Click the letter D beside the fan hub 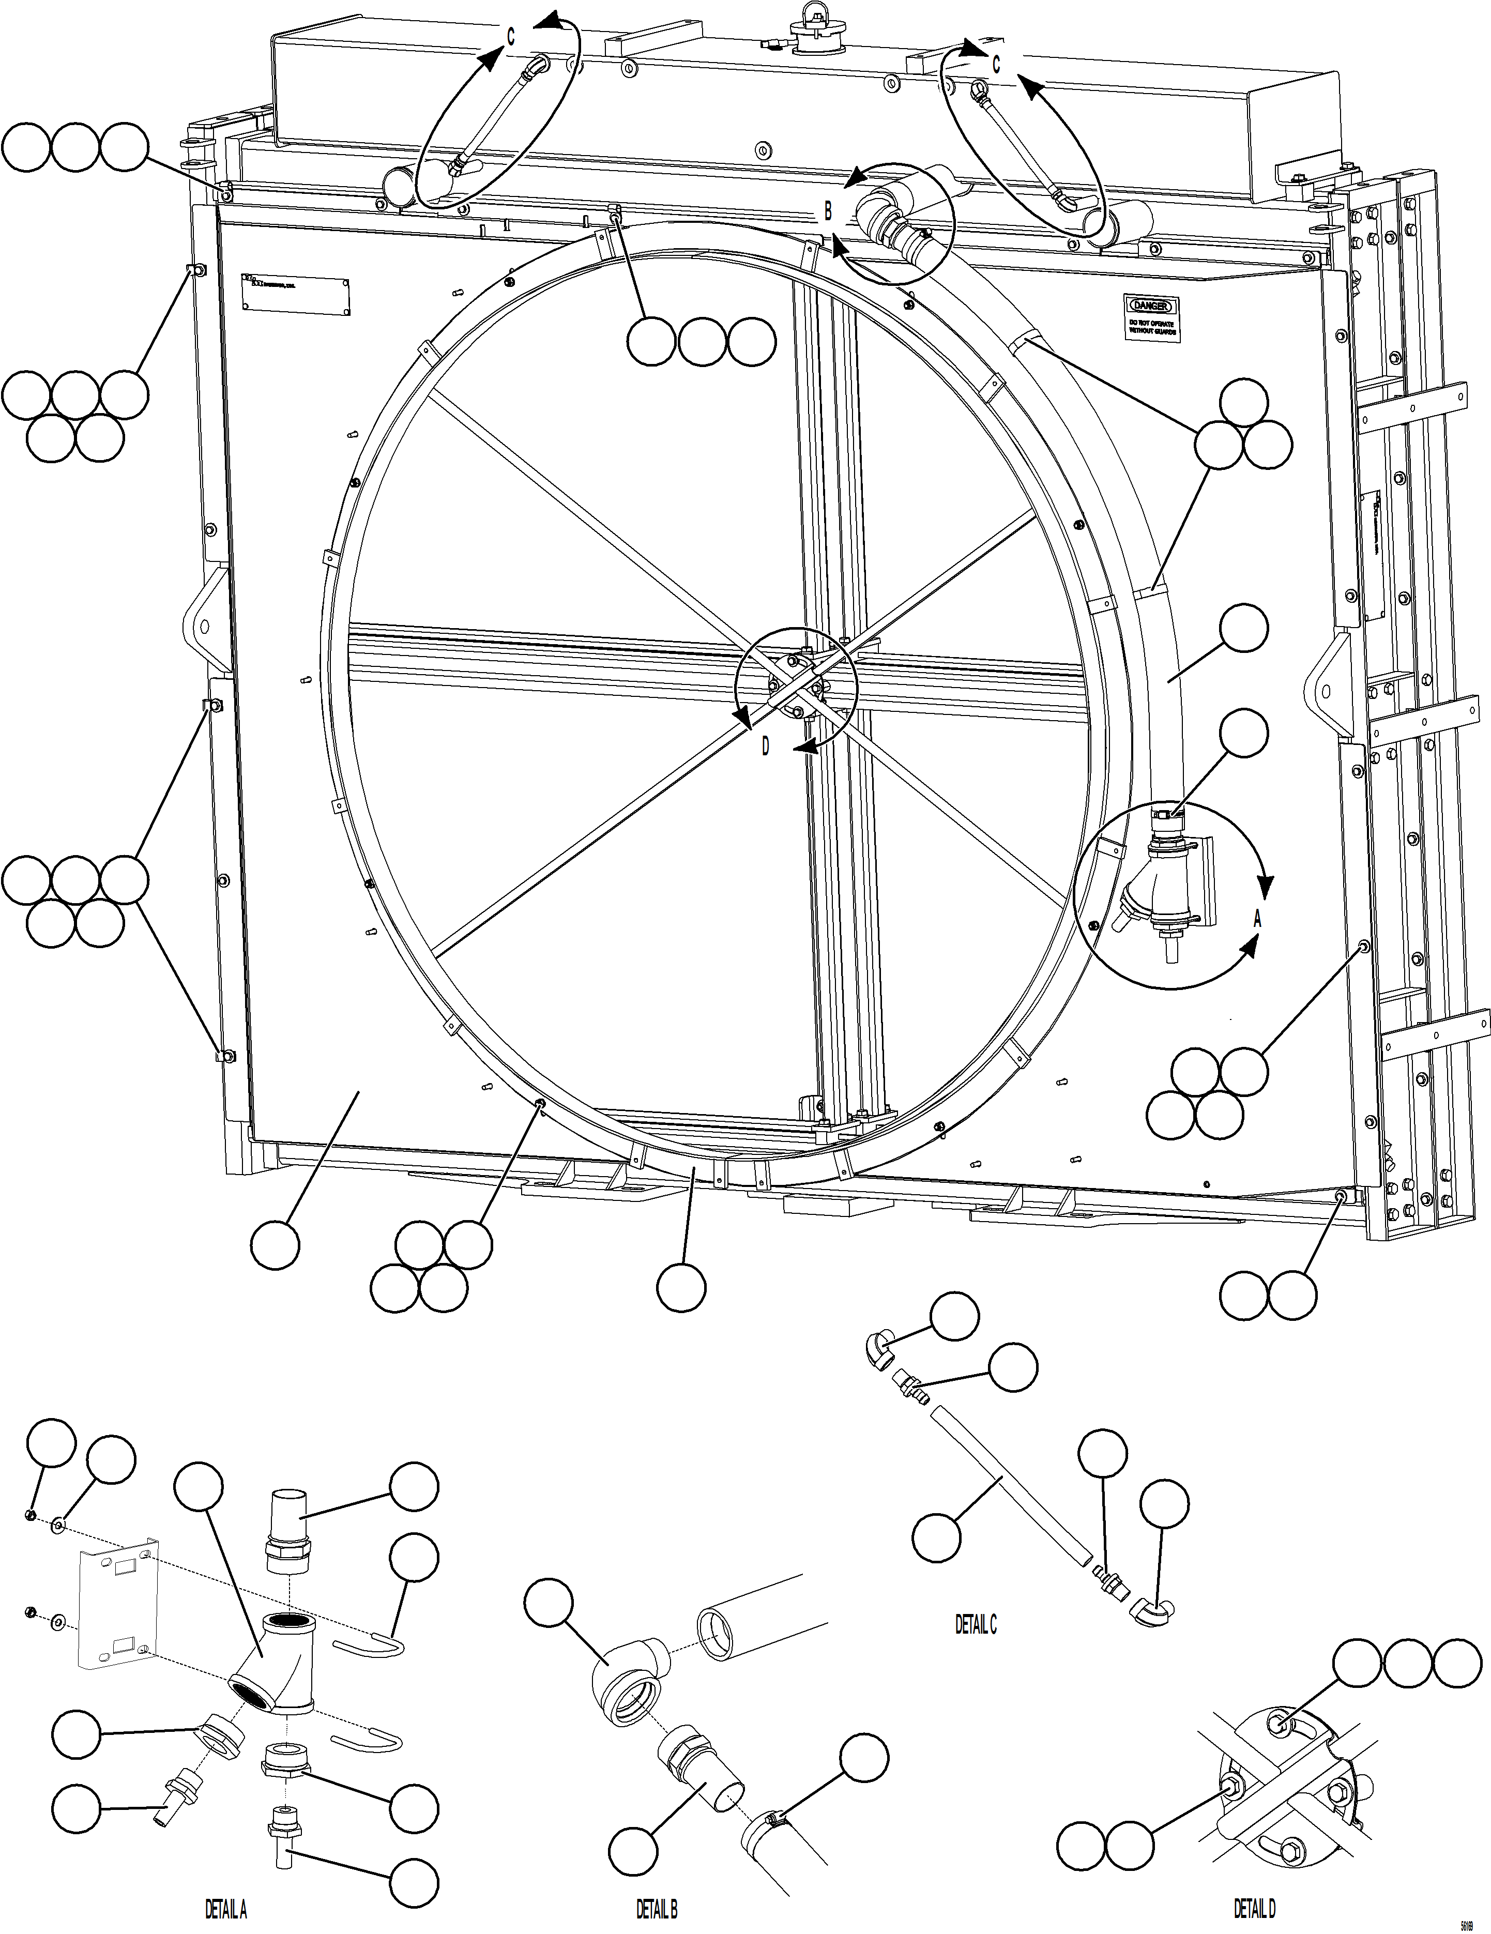tap(766, 747)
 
